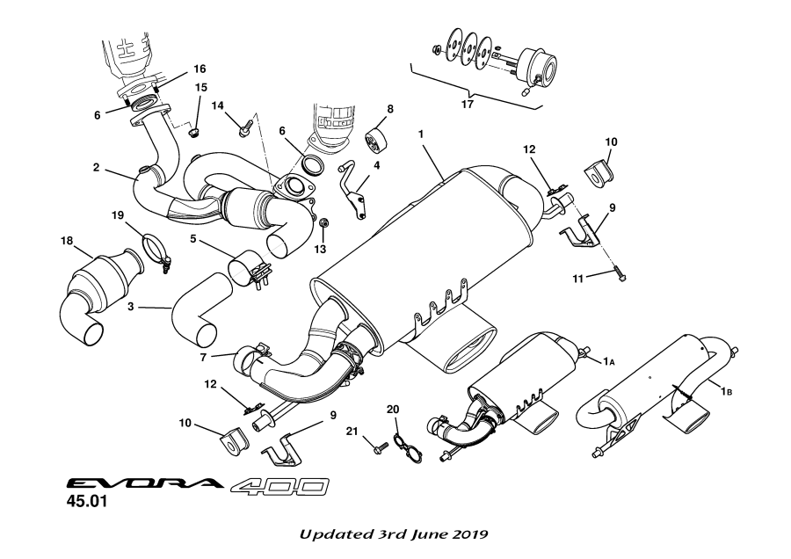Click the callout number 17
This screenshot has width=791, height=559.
pyautogui.click(x=468, y=105)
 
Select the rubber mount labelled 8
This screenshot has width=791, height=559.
pyautogui.click(x=378, y=140)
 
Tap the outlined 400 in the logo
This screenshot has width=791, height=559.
pyautogui.click(x=280, y=486)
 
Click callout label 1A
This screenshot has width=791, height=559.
pyautogui.click(x=608, y=360)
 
